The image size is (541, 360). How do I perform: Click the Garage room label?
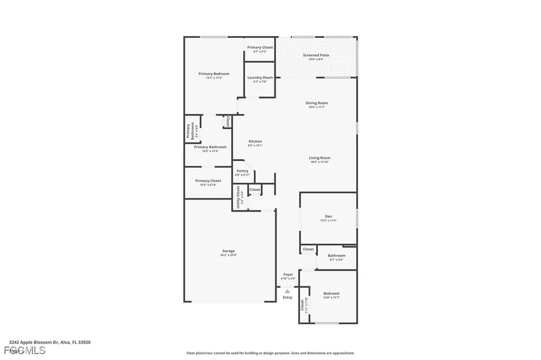point(228,251)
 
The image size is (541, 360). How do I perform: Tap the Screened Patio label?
point(316,55)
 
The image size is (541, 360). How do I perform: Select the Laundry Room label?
point(260,78)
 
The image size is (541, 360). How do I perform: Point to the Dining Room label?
point(316,103)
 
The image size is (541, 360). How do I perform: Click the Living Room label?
point(320,158)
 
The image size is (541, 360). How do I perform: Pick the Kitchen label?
point(255,141)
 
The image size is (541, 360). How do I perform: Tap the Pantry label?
point(242,170)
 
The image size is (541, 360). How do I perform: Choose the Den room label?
point(328,216)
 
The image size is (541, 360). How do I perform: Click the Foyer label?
point(288,274)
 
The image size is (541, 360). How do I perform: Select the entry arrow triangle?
point(287,291)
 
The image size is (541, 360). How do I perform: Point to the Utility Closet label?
point(238,197)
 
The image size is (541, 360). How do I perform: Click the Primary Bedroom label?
point(214,74)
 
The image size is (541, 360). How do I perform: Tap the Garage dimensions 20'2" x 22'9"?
point(228,255)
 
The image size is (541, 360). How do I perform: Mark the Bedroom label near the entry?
point(331,293)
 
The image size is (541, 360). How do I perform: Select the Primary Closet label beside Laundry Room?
point(260,48)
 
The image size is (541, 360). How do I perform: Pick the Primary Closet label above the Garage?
point(208,181)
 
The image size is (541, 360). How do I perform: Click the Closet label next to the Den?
point(308,249)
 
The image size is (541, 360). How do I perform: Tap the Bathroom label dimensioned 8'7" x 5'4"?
point(337,255)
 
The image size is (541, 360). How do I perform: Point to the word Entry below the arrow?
point(287,298)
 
